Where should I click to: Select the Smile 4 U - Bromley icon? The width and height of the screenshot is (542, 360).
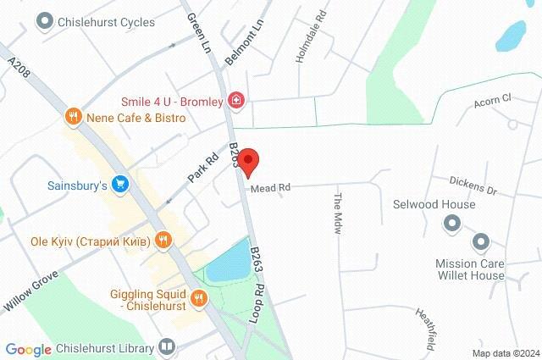[x=237, y=102]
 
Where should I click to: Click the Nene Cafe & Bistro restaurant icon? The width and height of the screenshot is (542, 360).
[x=75, y=117]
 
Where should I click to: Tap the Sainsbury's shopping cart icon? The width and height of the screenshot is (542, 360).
[x=121, y=183]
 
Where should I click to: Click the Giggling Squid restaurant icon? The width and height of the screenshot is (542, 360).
[x=199, y=296]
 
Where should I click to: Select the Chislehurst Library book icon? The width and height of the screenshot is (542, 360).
[x=168, y=347]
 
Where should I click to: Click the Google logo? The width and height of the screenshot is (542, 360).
[x=28, y=349]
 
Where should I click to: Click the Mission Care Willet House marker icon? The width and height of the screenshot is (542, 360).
[x=481, y=243]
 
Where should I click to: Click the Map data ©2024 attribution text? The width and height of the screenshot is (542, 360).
[x=505, y=352]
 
